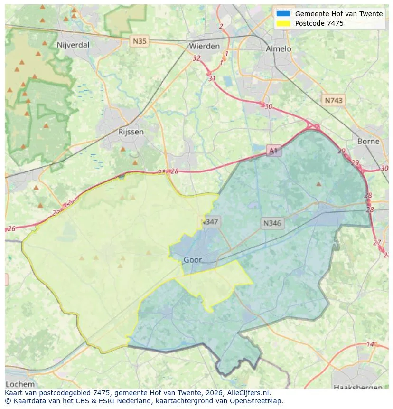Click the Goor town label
coord(192,260)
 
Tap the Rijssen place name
coord(131,132)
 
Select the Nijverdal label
coord(73,45)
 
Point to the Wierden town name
coord(204,46)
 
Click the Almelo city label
coord(278,48)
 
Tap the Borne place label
coord(368,141)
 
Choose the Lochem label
coord(20,384)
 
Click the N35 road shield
coord(140,41)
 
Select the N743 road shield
coord(334,100)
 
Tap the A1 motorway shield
coord(273,151)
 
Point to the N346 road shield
coord(272,223)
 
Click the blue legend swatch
coord(283,14)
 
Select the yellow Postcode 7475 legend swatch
coord(283,23)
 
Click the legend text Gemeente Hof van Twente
coord(338,14)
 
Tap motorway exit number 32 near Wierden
coord(196,58)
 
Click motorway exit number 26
coord(11,228)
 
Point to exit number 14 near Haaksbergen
coord(370,344)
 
